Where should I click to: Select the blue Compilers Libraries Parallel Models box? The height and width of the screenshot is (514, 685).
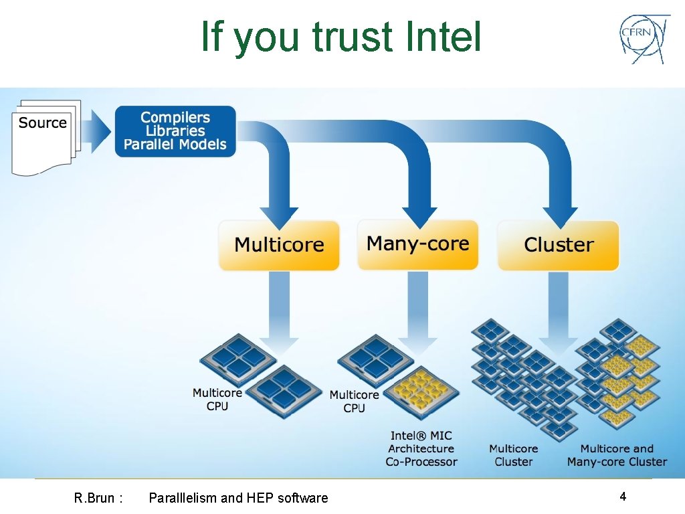[x=175, y=131]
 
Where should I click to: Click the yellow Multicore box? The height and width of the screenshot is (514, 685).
[x=279, y=245]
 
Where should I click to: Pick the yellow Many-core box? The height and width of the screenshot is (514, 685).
[x=417, y=244]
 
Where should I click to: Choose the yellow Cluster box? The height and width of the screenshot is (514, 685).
[x=558, y=245]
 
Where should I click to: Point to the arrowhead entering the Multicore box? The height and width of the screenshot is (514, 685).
[x=279, y=216]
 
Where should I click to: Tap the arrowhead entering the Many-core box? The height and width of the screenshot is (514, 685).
[x=418, y=216]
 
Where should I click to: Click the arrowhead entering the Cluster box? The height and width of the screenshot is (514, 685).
[x=559, y=216]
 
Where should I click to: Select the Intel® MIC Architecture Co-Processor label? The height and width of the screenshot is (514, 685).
[x=421, y=448]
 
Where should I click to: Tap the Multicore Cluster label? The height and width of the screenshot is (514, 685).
[x=513, y=455]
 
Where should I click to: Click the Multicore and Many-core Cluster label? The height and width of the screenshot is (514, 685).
[x=617, y=455]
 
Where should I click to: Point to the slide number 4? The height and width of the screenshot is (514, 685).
[x=623, y=497]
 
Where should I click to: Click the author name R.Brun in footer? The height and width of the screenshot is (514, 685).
[x=94, y=498]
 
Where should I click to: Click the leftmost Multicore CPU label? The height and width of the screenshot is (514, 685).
[x=217, y=400]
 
